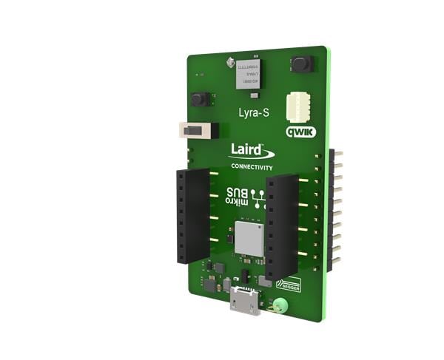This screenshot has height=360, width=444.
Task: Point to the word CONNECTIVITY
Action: pos(252,168)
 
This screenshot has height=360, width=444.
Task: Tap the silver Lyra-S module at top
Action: pos(249,75)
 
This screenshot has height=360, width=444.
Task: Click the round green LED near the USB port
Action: pos(280,305)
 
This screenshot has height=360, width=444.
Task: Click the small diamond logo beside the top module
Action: pos(230,58)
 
